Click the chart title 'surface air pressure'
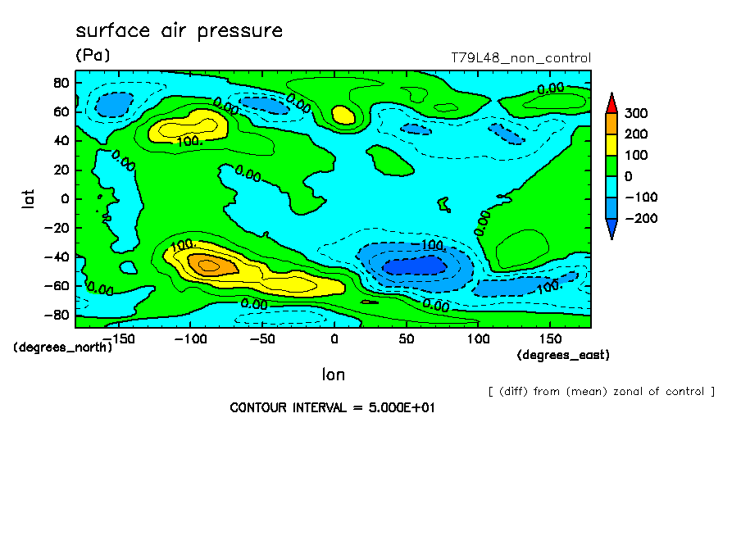[x=179, y=31]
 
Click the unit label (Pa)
[x=92, y=55]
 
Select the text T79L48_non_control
[x=521, y=58]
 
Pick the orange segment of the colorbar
[x=611, y=124]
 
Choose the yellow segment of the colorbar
[x=611, y=144]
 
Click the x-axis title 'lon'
[x=333, y=375]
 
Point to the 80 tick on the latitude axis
[x=60, y=83]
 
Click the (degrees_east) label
[x=563, y=355]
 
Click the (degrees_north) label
[x=62, y=347]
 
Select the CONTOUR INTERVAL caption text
[x=331, y=407]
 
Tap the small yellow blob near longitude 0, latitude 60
[x=343, y=115]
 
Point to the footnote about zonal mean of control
[x=601, y=391]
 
